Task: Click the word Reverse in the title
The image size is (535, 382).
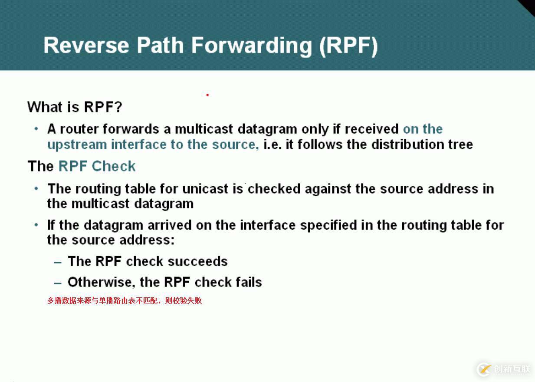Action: coord(86,46)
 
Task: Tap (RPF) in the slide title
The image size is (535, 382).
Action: coord(348,46)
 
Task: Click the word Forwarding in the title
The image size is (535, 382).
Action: coord(252,46)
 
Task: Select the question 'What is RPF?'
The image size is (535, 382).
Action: coord(75,107)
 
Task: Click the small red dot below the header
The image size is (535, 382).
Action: coord(207,95)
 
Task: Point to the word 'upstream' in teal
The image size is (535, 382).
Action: coord(77,145)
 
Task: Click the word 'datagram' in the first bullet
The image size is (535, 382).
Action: coord(267,129)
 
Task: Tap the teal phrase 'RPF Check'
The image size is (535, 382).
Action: coord(97,166)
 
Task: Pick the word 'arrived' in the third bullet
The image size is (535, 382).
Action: coord(170,225)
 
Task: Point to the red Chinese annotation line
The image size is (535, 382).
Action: coord(125,300)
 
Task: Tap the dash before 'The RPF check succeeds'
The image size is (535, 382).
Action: coord(58,263)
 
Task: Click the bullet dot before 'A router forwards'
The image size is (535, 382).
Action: coord(36,129)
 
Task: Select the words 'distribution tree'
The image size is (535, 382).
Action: coord(422,145)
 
